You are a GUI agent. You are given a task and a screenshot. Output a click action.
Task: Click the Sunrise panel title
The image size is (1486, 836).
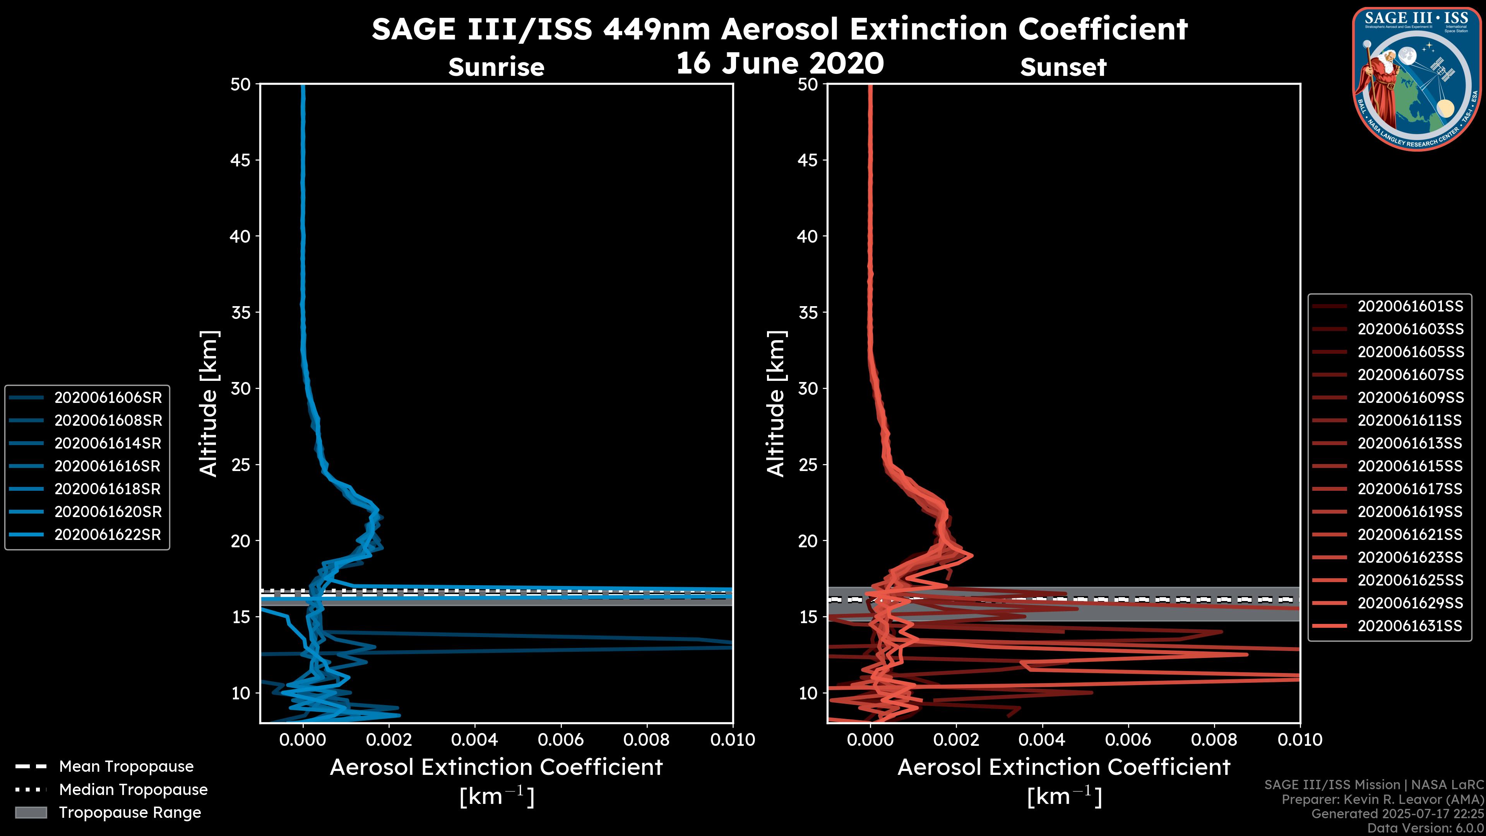tap(496, 67)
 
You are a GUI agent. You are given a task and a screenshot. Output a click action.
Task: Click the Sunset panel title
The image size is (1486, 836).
tap(1063, 67)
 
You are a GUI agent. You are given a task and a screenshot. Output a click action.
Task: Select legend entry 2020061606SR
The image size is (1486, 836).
tap(108, 397)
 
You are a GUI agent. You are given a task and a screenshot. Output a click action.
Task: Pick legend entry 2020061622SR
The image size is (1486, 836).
tap(108, 535)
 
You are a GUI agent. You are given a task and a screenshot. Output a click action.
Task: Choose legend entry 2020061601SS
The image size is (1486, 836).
tap(1410, 307)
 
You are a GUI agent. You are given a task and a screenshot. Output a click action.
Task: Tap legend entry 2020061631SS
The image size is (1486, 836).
tap(1410, 626)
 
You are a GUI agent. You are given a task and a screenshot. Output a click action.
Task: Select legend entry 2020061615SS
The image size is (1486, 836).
tap(1410, 466)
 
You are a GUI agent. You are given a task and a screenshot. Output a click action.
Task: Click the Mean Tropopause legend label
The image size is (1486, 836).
tap(126, 766)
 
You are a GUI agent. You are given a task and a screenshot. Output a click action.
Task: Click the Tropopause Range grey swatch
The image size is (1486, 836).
tap(31, 812)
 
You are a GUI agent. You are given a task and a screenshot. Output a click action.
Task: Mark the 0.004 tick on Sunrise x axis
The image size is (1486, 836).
tap(475, 740)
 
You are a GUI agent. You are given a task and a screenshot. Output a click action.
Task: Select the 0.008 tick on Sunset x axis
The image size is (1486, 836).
tap(1214, 740)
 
